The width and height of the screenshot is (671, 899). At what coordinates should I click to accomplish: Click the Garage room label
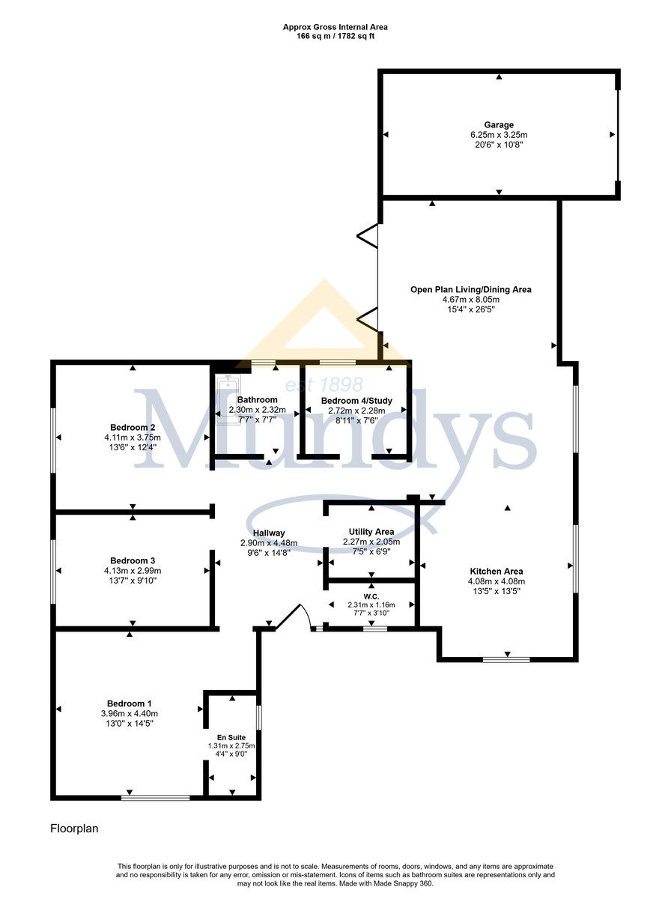click(x=498, y=125)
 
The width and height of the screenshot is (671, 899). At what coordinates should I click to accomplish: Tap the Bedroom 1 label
click(x=130, y=703)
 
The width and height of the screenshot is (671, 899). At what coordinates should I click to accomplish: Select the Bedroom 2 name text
click(x=133, y=428)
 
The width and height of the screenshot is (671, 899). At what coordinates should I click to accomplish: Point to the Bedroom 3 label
click(x=133, y=560)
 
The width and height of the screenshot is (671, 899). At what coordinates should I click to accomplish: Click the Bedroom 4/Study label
click(x=356, y=401)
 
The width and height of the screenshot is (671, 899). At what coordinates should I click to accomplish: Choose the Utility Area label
click(x=371, y=532)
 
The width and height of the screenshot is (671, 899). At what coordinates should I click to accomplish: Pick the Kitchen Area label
click(x=497, y=572)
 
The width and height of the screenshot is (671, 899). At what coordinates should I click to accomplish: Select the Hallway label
click(x=269, y=533)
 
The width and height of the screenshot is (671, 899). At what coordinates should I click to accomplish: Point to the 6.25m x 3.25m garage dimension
click(x=499, y=135)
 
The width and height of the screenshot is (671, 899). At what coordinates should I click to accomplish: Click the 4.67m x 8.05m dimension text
click(x=471, y=300)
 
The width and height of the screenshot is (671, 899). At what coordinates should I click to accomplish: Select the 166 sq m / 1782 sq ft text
click(x=335, y=36)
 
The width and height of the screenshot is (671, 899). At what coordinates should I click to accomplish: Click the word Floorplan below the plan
click(x=74, y=829)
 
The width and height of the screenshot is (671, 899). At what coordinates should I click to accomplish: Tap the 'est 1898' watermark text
click(x=324, y=384)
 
